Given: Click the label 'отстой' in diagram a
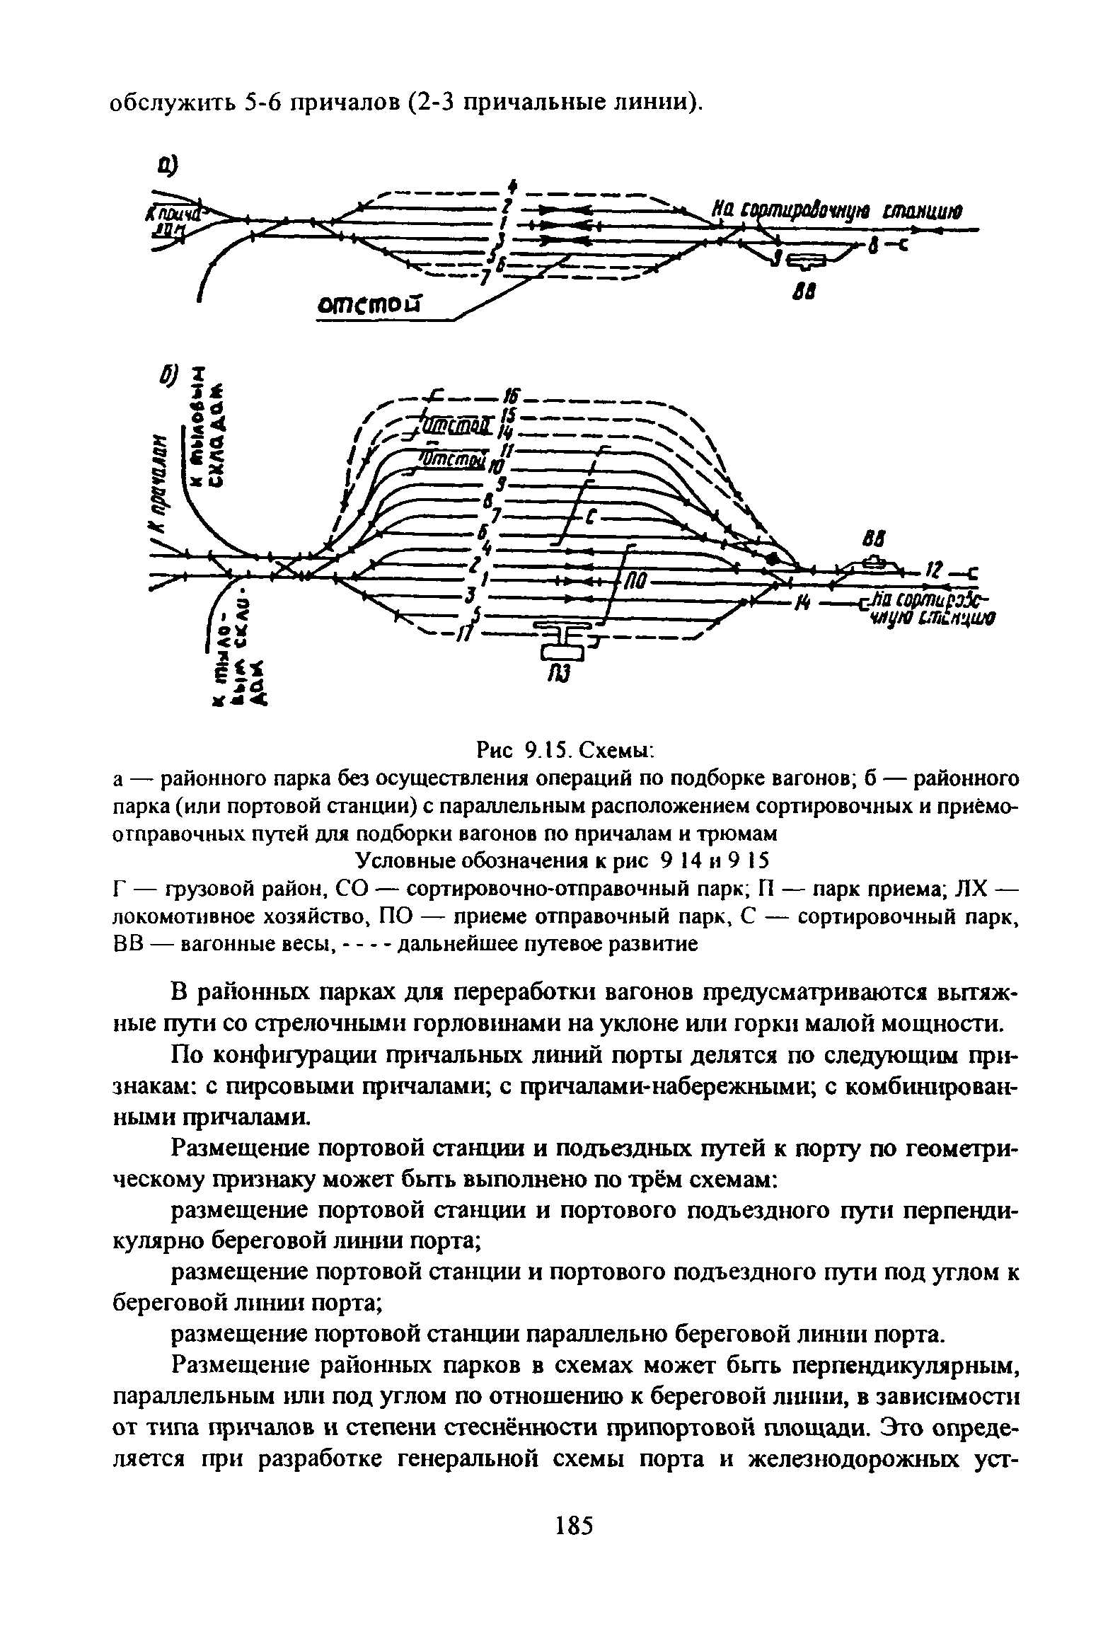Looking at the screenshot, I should [367, 304].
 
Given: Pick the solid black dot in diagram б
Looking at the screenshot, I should [774, 559].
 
